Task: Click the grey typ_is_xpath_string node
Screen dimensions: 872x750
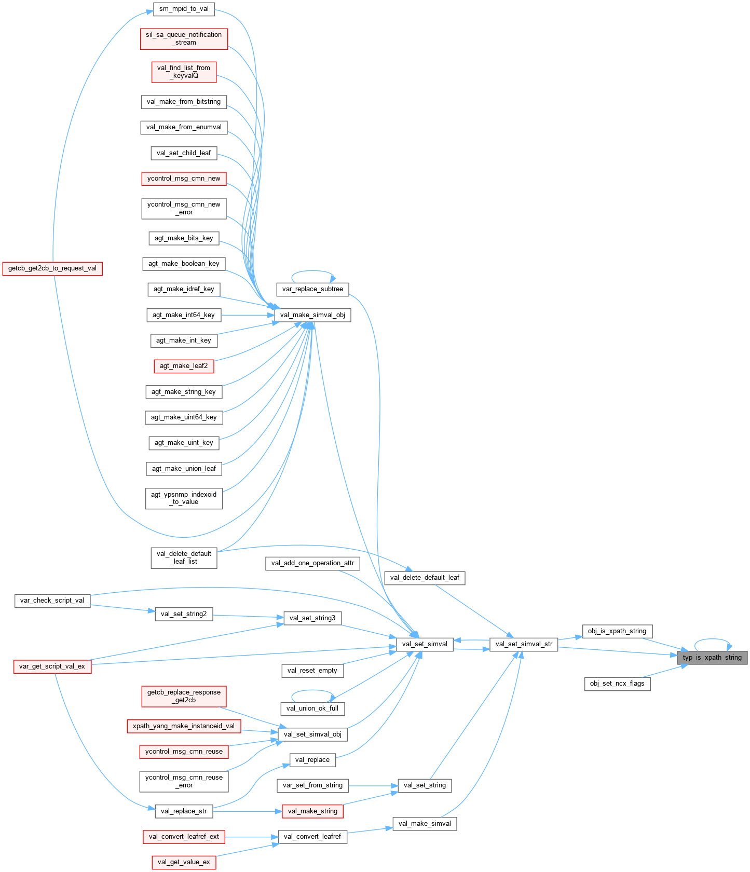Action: pos(712,658)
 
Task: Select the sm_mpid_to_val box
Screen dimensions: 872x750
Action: pos(184,9)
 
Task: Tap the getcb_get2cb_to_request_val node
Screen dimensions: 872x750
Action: pos(52,268)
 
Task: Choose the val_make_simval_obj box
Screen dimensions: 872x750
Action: pos(312,315)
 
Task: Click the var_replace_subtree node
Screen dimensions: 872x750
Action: pos(312,289)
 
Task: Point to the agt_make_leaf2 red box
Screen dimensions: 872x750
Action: pos(184,366)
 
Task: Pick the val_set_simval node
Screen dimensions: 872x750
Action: pos(425,644)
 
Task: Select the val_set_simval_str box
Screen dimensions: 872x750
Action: pos(524,644)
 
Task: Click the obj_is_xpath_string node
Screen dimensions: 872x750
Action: pos(617,631)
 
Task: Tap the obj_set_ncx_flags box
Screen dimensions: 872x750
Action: pos(617,684)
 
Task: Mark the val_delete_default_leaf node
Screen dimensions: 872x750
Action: pos(425,578)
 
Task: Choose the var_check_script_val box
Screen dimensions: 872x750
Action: pos(52,601)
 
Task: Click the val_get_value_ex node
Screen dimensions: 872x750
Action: pos(184,862)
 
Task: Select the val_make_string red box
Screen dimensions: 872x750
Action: pos(312,811)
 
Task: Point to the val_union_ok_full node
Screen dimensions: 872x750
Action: pos(312,709)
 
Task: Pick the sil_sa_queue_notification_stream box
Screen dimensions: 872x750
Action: pos(184,38)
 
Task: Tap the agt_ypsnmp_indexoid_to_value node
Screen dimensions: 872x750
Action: pos(184,498)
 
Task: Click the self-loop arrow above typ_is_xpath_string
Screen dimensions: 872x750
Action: pos(712,639)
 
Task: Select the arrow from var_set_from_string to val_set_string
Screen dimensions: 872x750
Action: pos(373,785)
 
